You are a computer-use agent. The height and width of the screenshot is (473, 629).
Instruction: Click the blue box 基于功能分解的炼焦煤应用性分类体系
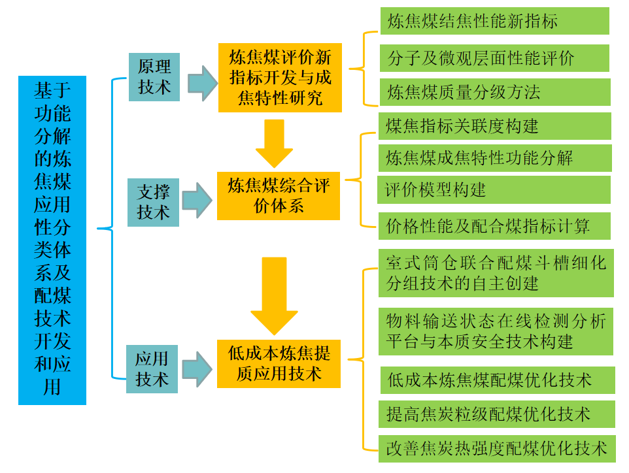click(52, 240)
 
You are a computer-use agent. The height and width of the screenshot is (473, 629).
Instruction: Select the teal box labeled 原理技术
click(154, 76)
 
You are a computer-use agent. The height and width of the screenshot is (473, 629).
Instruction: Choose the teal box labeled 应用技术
click(152, 369)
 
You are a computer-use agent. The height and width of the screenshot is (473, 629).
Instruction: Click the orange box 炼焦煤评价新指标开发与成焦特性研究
click(280, 77)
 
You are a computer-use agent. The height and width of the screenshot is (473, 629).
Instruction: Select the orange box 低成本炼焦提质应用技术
click(279, 363)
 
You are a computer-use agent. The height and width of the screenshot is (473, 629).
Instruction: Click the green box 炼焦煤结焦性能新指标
click(494, 21)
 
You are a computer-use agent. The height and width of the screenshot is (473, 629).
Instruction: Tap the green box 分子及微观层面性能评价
click(494, 58)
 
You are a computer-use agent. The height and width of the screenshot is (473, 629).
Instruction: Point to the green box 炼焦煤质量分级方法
click(494, 92)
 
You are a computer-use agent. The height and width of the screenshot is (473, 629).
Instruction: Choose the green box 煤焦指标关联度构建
click(494, 126)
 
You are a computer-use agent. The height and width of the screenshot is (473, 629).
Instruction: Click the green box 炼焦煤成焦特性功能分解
click(494, 158)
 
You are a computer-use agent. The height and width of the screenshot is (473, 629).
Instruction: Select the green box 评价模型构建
click(494, 190)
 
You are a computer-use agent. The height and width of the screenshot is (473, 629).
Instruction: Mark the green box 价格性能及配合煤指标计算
click(494, 226)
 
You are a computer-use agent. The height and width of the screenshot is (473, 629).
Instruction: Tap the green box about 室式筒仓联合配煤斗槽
click(496, 273)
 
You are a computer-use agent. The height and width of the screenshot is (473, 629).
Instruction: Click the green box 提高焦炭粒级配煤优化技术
click(496, 414)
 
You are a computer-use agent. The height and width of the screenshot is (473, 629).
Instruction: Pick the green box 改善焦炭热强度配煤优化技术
click(496, 448)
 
